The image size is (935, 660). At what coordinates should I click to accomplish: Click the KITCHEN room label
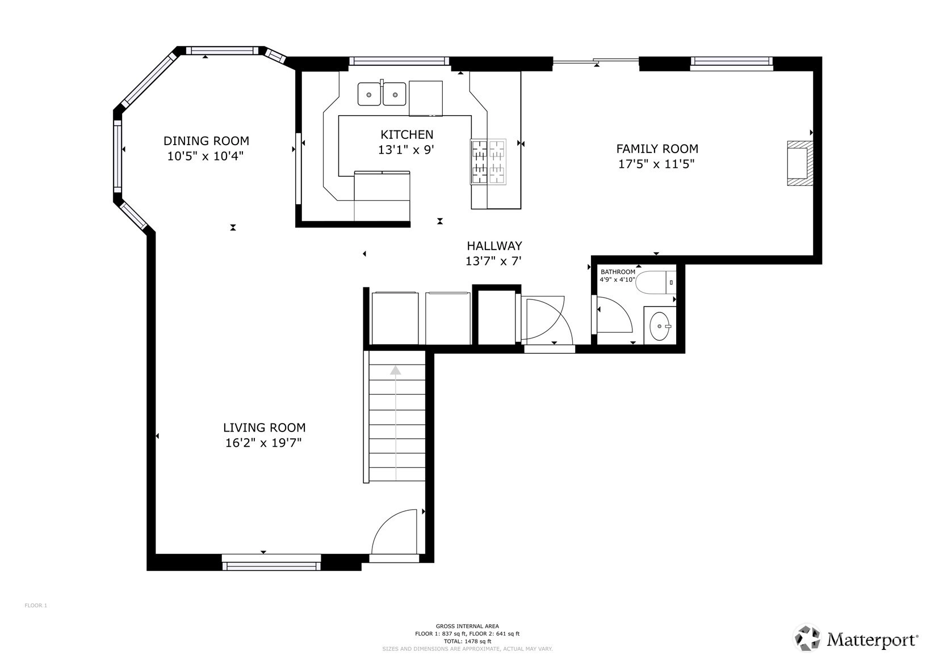[x=406, y=135]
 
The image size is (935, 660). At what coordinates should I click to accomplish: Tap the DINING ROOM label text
[x=206, y=141]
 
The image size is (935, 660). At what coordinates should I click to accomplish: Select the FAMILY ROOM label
[x=657, y=149]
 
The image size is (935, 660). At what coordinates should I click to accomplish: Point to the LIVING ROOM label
[x=264, y=428]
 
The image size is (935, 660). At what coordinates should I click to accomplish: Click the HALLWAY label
[x=494, y=246]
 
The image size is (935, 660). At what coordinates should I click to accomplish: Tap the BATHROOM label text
[x=618, y=272]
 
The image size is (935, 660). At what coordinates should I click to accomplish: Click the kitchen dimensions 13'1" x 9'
[x=406, y=150]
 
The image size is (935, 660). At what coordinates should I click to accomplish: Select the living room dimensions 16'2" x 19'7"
[x=263, y=442]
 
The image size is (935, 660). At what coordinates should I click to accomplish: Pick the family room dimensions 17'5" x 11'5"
[x=656, y=164]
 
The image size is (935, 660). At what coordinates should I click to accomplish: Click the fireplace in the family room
[x=800, y=163]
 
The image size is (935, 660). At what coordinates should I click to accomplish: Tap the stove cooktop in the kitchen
[x=488, y=162]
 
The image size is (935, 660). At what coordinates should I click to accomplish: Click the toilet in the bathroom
[x=655, y=282]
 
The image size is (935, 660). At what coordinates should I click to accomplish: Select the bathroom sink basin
[x=660, y=326]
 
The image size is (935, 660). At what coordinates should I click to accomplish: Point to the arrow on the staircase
[x=396, y=423]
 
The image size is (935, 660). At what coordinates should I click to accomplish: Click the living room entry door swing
[x=393, y=532]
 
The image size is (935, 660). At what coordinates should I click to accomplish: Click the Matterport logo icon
[x=808, y=638]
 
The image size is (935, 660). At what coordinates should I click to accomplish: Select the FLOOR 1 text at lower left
[x=36, y=606]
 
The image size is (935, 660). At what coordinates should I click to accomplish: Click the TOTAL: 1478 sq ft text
[x=468, y=641]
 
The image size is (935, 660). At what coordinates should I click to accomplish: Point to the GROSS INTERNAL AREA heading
[x=468, y=626]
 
